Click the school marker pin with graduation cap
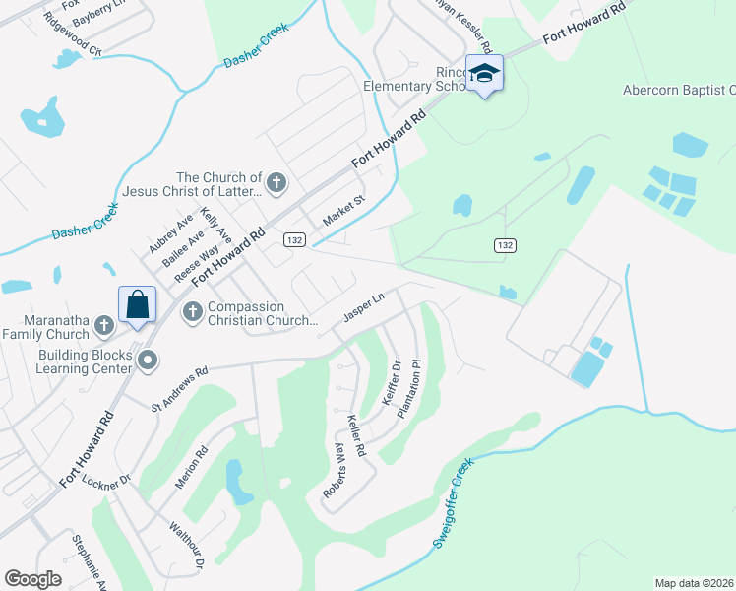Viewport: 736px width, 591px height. point(485,74)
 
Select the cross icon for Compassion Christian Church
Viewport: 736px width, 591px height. point(192,312)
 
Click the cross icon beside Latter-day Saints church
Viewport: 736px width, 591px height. point(276,182)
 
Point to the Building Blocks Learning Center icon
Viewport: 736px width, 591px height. point(148,361)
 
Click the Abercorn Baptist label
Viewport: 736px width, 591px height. point(679,90)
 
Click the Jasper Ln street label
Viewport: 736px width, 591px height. point(362,308)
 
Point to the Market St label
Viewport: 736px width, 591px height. point(344,208)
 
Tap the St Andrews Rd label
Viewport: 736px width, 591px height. point(180,389)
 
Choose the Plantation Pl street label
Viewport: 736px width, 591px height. point(409,389)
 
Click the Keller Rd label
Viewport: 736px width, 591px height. point(356,435)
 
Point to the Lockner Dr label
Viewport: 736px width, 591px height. point(107,481)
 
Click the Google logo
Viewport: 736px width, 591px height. point(33,579)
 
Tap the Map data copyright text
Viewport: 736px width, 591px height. point(695,583)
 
